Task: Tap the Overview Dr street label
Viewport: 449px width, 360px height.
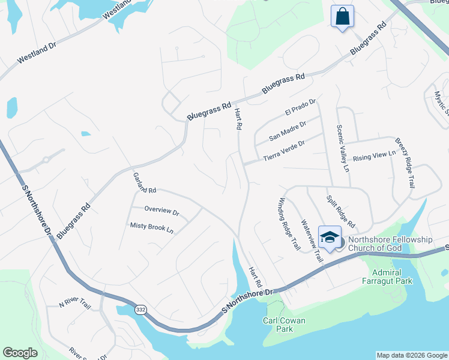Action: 162,212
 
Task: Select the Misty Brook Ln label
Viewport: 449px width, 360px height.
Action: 152,227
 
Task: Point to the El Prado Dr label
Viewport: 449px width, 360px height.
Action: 300,109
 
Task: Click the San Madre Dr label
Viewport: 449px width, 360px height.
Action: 288,130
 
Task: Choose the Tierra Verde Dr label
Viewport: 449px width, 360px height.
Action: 284,151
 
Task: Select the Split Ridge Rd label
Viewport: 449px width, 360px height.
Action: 340,208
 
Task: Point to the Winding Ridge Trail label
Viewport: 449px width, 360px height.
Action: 289,223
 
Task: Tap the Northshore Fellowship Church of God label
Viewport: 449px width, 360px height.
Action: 390,244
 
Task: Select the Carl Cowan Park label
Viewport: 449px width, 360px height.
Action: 284,325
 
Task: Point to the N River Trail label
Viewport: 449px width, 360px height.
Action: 74,303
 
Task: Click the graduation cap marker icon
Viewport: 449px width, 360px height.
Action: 330,237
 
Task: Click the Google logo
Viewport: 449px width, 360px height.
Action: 20,353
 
